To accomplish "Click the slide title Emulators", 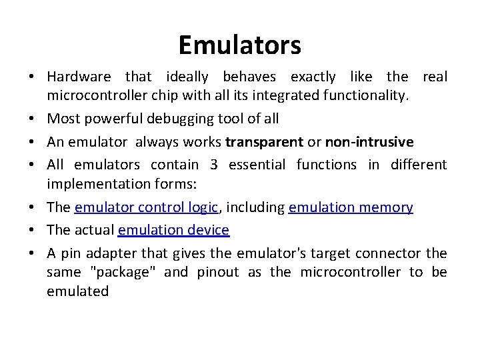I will (239, 45).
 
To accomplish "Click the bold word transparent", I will (263, 142).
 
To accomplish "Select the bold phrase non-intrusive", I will (369, 142).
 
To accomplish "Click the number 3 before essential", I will (214, 164).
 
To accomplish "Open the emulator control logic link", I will (147, 207).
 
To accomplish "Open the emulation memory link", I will (351, 207).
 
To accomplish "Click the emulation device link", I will (173, 230).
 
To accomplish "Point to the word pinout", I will (217, 272).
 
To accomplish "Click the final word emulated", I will (77, 291).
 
